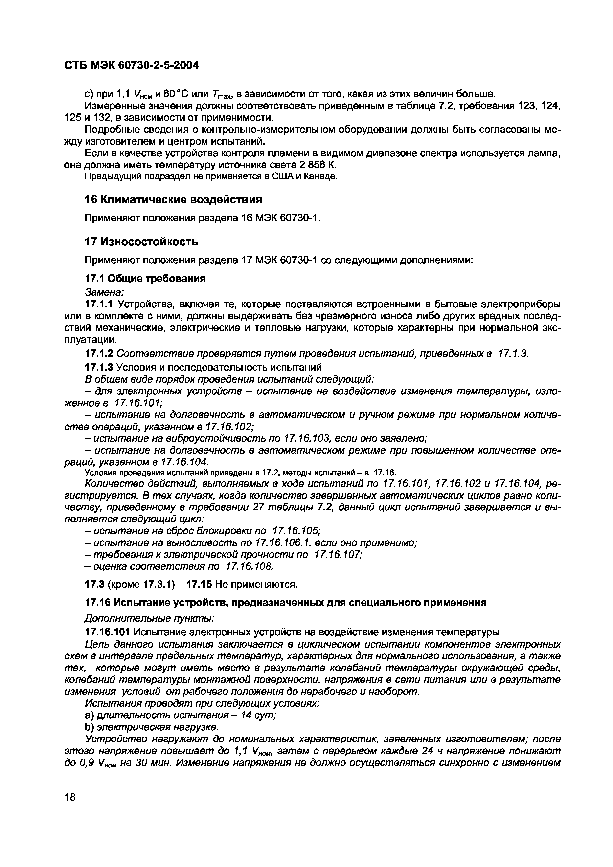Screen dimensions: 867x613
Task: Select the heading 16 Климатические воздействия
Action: pyautogui.click(x=173, y=199)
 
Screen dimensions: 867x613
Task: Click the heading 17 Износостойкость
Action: pyautogui.click(x=141, y=242)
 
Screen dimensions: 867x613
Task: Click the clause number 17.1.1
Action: pyautogui.click(x=99, y=304)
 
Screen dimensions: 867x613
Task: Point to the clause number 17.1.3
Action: pyautogui.click(x=99, y=367)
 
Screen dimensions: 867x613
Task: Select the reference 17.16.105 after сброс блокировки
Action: pyautogui.click(x=296, y=531)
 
